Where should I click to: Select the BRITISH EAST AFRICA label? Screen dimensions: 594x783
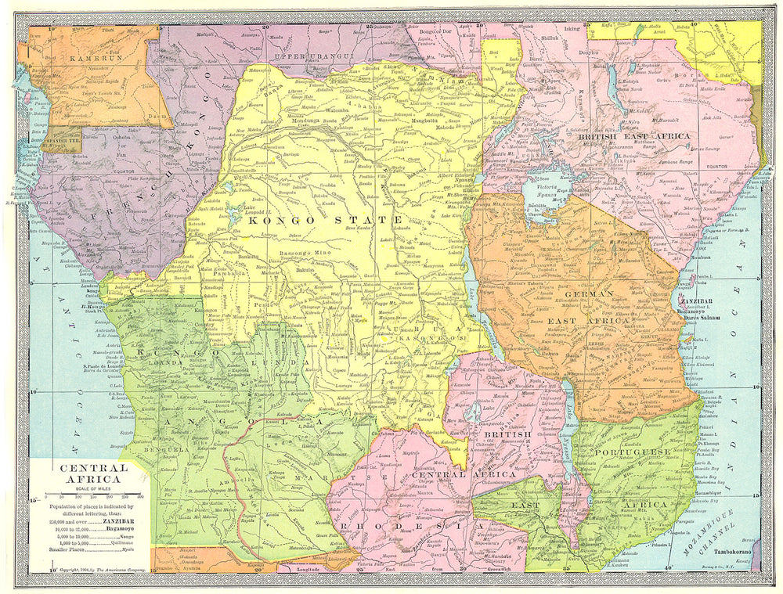tap(633, 136)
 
